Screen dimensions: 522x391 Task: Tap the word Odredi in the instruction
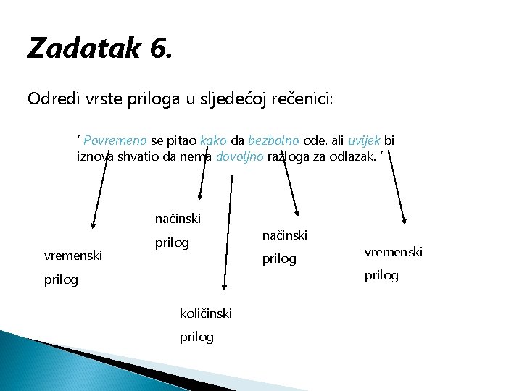click(x=50, y=98)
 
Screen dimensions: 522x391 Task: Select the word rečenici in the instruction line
click(x=303, y=98)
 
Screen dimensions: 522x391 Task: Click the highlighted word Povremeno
click(x=115, y=140)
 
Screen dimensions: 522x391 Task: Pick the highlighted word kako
click(x=213, y=140)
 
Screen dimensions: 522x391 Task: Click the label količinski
click(x=205, y=313)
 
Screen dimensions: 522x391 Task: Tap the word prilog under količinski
click(x=196, y=337)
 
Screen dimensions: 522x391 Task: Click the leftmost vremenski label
click(x=73, y=255)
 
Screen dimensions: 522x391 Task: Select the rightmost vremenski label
click(x=392, y=251)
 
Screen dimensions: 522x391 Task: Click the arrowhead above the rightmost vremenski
click(x=405, y=222)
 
